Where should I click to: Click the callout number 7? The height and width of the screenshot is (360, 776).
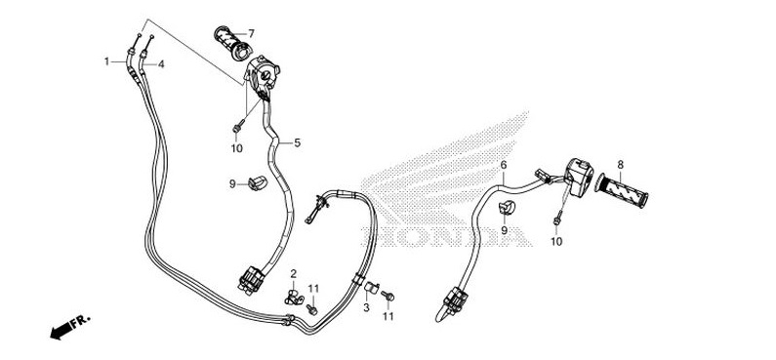tap(251, 33)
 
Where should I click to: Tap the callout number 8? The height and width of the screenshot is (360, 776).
tap(619, 164)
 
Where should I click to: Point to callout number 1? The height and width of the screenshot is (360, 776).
tap(107, 61)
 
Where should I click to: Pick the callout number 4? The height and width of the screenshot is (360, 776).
tap(161, 64)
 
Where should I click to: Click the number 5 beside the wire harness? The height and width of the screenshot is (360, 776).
tap(297, 142)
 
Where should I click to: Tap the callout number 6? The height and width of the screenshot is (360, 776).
tap(503, 165)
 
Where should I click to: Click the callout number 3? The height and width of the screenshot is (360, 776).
tap(366, 307)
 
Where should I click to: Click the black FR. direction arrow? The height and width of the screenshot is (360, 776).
tap(65, 326)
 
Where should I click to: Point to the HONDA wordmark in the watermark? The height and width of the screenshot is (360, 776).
tap(444, 235)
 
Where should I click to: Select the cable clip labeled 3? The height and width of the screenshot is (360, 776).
tap(370, 288)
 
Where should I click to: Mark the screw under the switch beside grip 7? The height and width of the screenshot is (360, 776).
tap(236, 127)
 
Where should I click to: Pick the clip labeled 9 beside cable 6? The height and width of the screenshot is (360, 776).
tap(507, 207)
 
